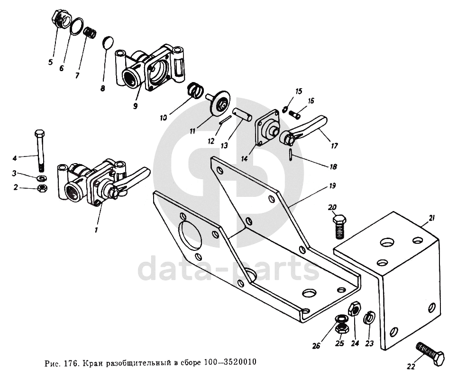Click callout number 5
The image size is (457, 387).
(x=50, y=62)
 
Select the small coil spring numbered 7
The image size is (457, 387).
(x=90, y=32)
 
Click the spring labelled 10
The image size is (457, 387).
(x=195, y=90)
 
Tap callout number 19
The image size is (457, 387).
(x=332, y=185)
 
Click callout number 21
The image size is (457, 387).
(x=432, y=218)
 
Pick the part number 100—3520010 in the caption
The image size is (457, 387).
(x=230, y=362)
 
